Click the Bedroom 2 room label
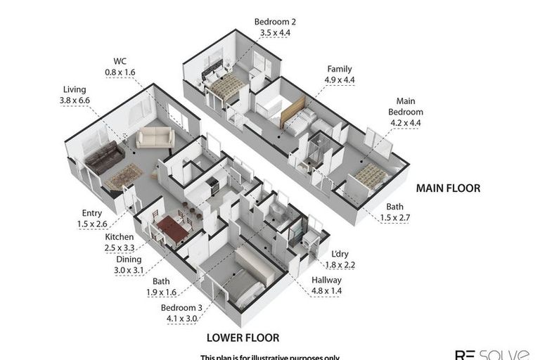point(274,27)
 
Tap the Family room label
point(340,75)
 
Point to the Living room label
point(74,95)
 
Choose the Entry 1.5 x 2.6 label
point(92,218)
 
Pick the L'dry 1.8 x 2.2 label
point(340,259)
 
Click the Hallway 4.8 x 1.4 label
point(327,285)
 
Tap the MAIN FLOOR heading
point(448,188)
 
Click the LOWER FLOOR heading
point(243,337)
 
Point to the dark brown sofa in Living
point(104,156)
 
